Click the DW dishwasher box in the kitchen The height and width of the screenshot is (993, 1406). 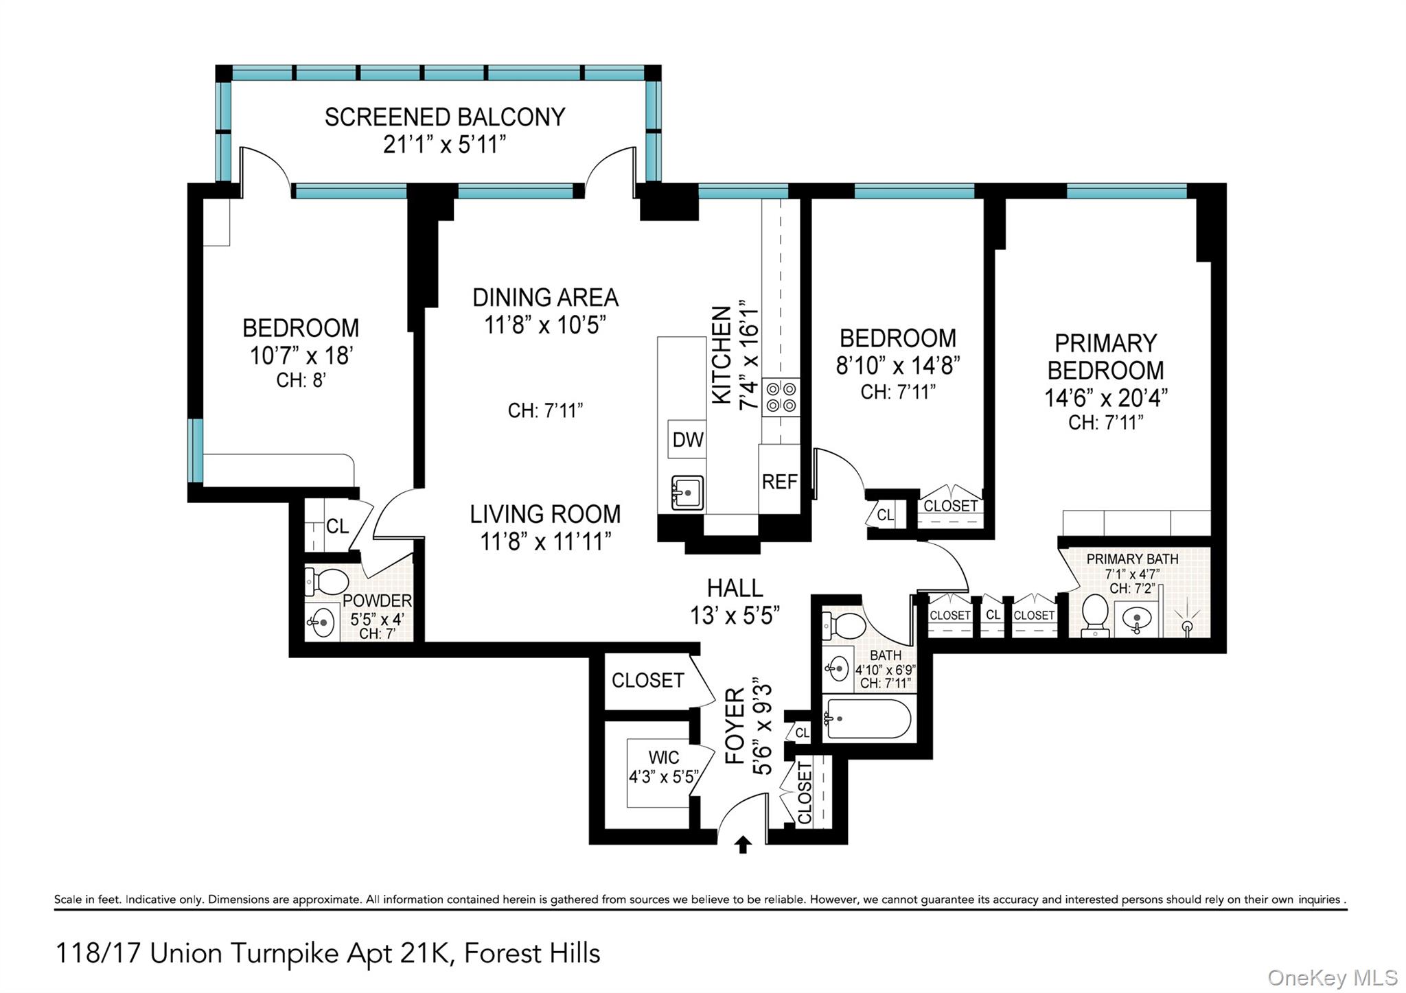point(687,439)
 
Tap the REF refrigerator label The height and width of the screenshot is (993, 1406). point(779,482)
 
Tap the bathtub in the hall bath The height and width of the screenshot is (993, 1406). point(868,719)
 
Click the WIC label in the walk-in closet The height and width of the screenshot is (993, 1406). point(664,758)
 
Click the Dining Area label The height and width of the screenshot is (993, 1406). point(545,298)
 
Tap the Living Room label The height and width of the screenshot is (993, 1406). point(545,514)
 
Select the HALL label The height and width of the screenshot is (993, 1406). point(735,588)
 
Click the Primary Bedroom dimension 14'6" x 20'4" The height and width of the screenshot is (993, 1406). point(1105,398)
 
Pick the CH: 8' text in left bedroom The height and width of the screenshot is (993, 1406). point(301,379)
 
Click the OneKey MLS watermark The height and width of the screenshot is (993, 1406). point(1331,977)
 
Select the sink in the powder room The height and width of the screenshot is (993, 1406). point(319,623)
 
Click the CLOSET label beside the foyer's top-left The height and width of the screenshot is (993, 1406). point(647,680)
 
